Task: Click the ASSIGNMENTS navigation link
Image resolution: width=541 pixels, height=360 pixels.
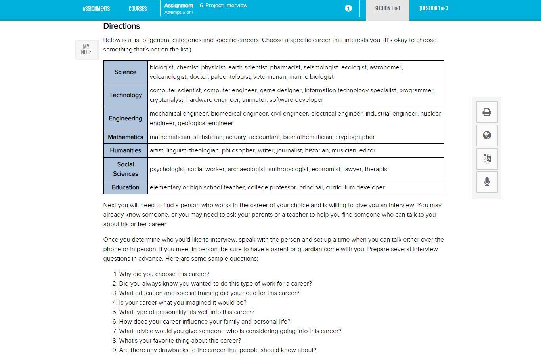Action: click(96, 8)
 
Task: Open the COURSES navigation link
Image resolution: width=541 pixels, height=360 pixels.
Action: click(138, 8)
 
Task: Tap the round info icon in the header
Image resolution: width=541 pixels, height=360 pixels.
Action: click(348, 8)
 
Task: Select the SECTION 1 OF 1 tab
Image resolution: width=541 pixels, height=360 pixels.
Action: click(387, 8)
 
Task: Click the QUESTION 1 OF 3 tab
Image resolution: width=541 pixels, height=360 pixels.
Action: click(433, 8)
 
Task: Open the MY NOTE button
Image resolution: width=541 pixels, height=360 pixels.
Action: click(86, 50)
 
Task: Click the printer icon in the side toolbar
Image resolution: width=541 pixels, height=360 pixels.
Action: click(487, 112)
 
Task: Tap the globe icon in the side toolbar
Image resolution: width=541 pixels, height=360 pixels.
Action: click(487, 135)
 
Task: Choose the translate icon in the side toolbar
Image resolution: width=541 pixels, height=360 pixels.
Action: click(487, 159)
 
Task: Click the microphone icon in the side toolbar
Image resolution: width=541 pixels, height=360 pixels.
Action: click(487, 182)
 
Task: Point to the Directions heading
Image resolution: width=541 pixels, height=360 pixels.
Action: click(121, 26)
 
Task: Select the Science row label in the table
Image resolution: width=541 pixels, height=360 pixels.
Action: click(125, 72)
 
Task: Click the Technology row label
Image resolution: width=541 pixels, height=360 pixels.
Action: click(125, 95)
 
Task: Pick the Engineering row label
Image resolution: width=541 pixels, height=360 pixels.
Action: click(125, 118)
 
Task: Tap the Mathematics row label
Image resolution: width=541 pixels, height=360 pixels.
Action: click(125, 137)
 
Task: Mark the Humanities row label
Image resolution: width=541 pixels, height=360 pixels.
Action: click(125, 150)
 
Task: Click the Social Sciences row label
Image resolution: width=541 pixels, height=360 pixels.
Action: click(125, 169)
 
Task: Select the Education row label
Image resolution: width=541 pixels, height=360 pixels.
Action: click(125, 187)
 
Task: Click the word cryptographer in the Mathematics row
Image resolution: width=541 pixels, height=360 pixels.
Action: click(355, 137)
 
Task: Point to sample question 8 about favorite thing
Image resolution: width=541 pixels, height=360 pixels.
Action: click(180, 341)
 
